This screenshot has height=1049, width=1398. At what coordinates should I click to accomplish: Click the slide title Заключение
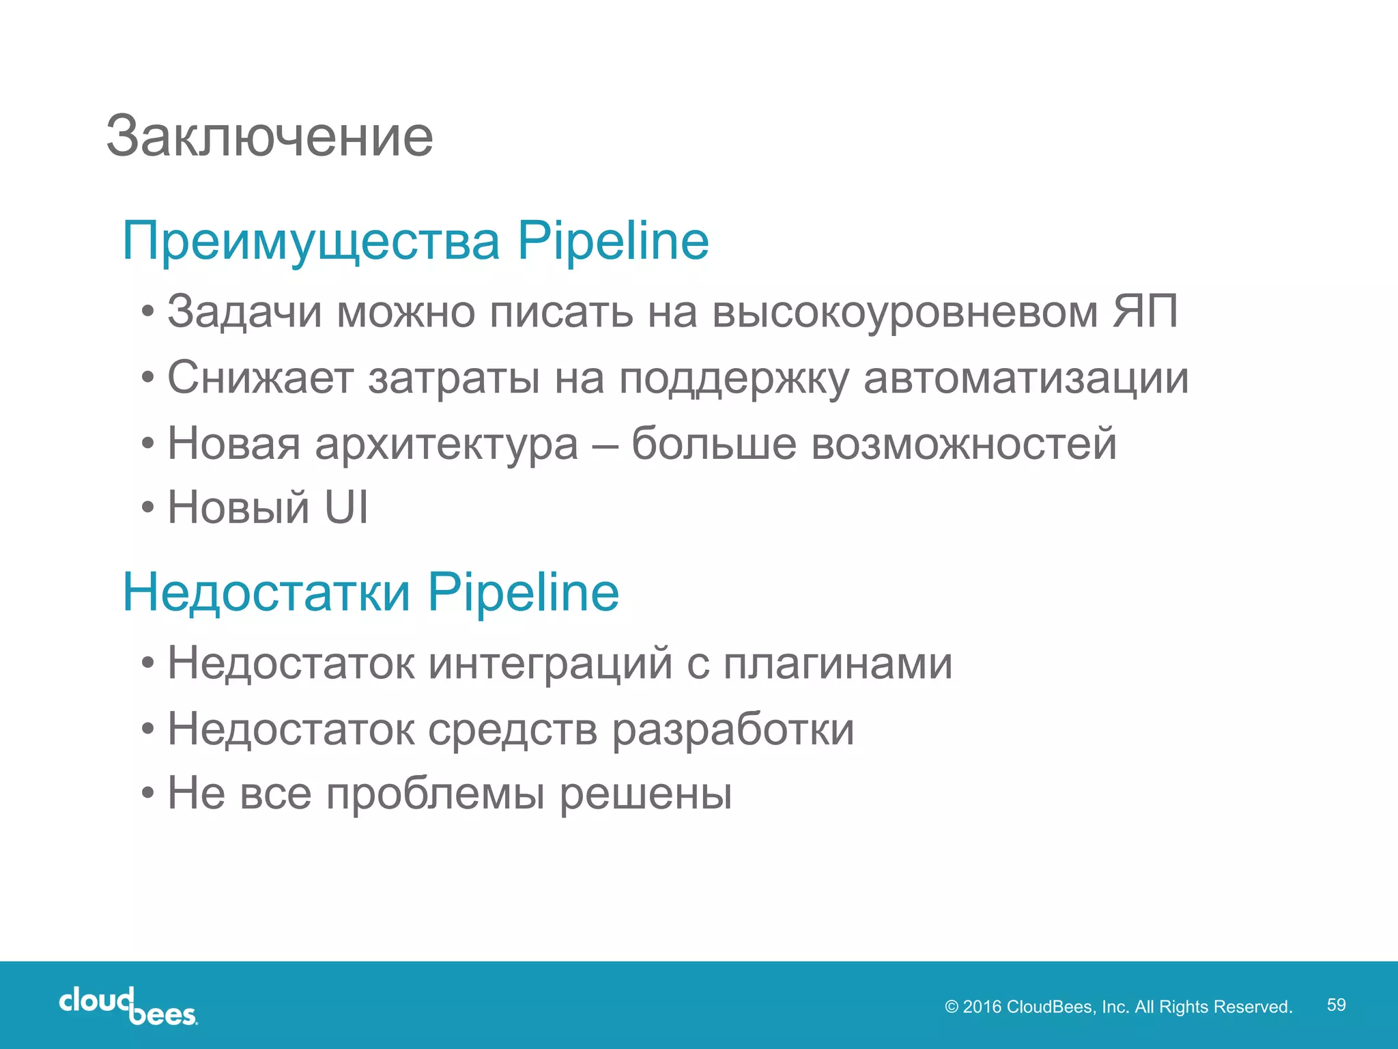pyautogui.click(x=270, y=137)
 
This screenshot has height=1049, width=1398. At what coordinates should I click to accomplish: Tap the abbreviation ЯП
pyautogui.click(x=1145, y=312)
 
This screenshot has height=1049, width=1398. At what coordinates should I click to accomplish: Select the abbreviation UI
pyautogui.click(x=346, y=508)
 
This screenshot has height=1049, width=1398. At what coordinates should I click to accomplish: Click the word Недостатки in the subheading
pyautogui.click(x=266, y=592)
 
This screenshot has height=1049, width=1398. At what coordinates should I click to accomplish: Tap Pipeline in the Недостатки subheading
pyautogui.click(x=524, y=592)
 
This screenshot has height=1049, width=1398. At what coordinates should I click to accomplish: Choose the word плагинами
pyautogui.click(x=838, y=663)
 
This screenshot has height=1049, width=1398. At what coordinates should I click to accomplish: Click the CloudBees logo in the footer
pyautogui.click(x=128, y=1005)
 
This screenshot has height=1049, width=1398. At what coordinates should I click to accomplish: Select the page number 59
pyautogui.click(x=1336, y=1005)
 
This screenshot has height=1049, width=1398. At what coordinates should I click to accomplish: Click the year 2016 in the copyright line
pyautogui.click(x=982, y=1007)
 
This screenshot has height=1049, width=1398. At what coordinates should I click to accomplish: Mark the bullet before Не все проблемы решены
pyautogui.click(x=148, y=794)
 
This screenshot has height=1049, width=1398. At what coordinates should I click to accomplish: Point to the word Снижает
pyautogui.click(x=260, y=378)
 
